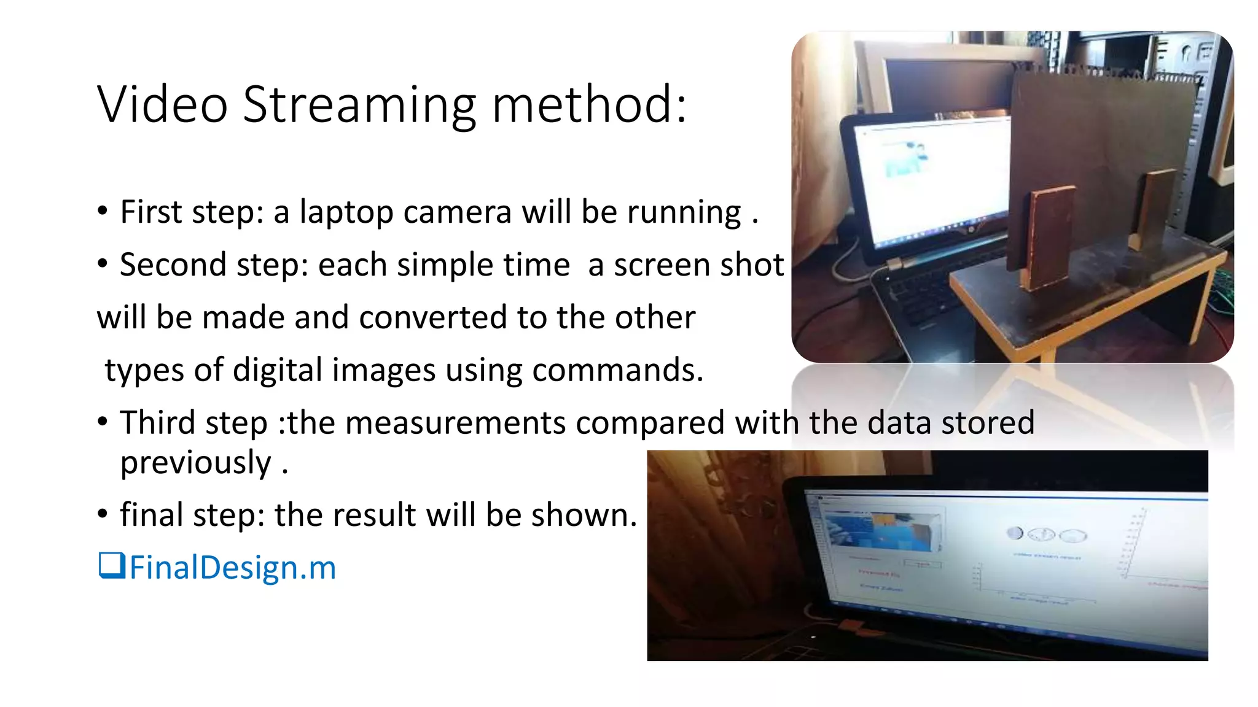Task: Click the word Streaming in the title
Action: point(359,105)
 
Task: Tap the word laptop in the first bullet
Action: point(346,212)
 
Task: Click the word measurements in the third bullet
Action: point(455,423)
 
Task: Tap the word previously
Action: point(195,463)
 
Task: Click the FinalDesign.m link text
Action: point(233,568)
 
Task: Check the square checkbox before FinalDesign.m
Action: point(112,565)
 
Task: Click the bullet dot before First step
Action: point(103,212)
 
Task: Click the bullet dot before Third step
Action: point(103,422)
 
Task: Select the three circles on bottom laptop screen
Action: point(1047,535)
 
